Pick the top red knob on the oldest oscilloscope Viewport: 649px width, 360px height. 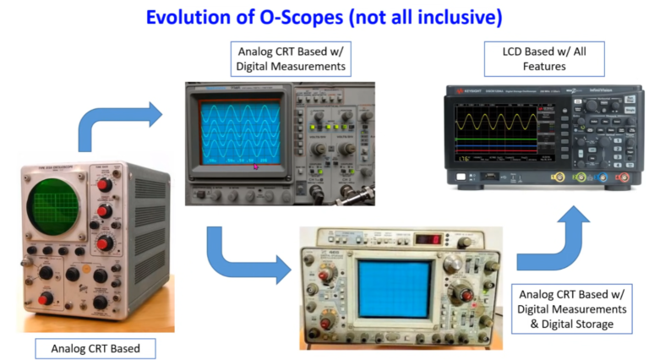[104, 185]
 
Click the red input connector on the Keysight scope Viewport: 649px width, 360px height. [623, 177]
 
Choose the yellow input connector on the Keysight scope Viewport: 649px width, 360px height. [559, 177]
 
